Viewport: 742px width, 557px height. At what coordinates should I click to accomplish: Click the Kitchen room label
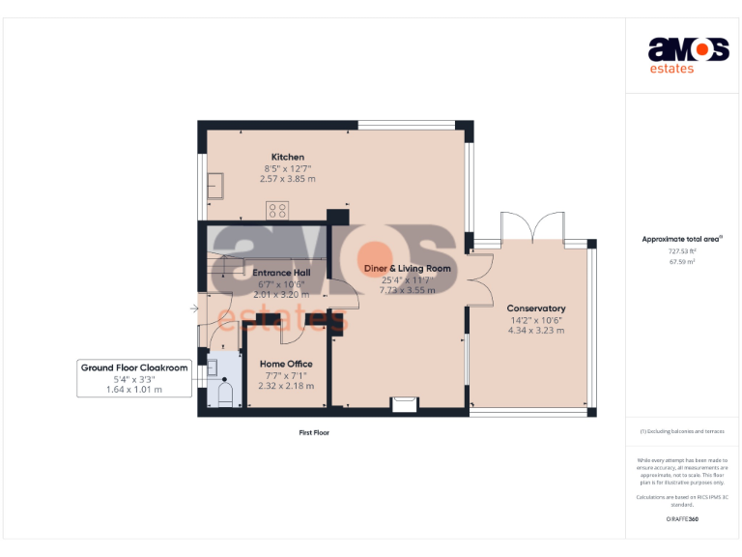287,157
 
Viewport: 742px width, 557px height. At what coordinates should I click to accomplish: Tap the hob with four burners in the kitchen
278,209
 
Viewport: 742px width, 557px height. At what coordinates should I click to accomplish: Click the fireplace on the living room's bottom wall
404,404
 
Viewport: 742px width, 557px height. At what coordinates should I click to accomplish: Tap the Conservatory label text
536,308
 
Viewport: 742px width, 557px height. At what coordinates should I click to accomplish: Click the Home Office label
286,364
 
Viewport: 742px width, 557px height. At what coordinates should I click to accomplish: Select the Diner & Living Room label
407,268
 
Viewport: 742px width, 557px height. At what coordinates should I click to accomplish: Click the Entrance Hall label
281,273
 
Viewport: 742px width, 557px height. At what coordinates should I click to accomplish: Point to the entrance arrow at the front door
194,309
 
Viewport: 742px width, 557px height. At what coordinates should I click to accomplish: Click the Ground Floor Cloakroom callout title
134,367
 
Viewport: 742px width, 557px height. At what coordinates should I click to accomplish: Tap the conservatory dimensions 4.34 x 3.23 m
535,331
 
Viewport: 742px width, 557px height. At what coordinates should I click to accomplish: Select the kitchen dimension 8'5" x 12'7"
287,168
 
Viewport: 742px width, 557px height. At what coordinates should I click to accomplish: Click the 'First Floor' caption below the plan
313,432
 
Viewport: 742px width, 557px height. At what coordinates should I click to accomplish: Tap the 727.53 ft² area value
682,250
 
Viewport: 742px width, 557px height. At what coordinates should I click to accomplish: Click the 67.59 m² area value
682,261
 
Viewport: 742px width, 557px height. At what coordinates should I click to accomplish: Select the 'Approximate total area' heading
682,238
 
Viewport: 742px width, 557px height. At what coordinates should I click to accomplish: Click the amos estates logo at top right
687,54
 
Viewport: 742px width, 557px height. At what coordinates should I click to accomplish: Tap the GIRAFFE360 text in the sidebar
682,519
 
